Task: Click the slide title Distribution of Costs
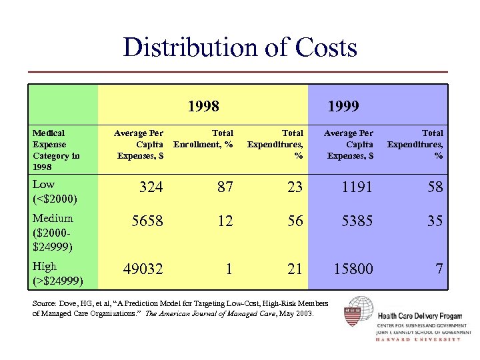[x=240, y=47]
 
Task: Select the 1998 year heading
[x=204, y=106]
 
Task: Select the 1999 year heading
[x=343, y=106]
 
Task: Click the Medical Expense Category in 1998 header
[x=57, y=149]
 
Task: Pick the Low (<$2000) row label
[x=53, y=191]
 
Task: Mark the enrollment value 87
[x=225, y=187]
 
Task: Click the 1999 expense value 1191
[x=358, y=187]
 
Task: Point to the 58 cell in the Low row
[x=435, y=187]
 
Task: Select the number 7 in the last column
[x=439, y=269]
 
